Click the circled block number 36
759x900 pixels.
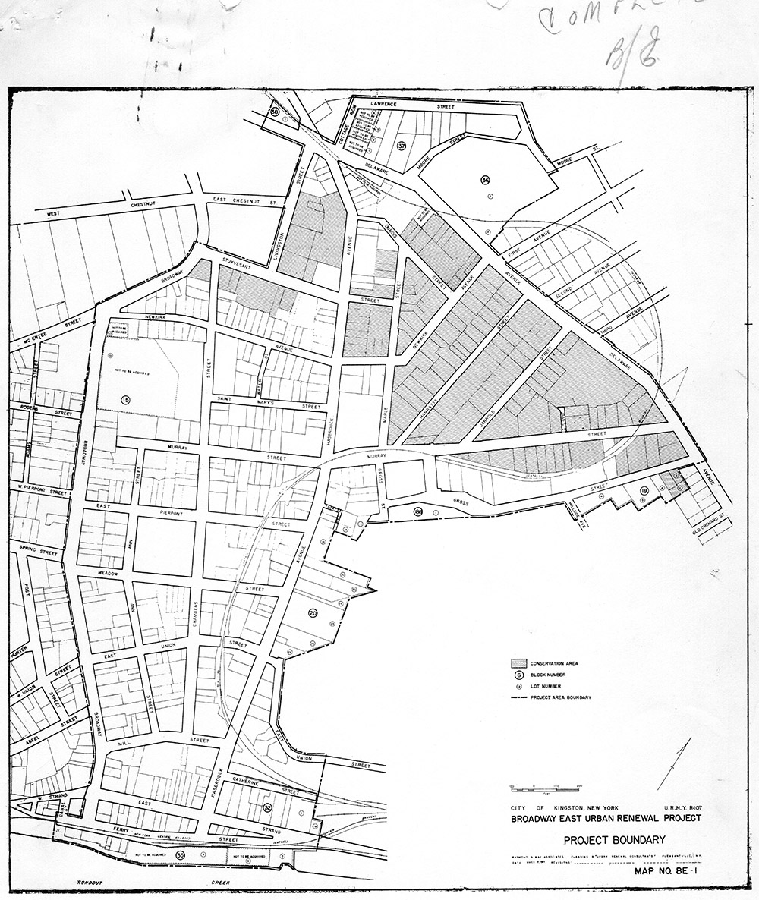(485, 179)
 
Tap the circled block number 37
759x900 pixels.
(402, 145)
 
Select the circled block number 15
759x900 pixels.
(125, 398)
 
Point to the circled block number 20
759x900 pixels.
(313, 612)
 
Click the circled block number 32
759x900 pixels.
(267, 807)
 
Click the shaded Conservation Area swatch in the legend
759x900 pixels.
(519, 662)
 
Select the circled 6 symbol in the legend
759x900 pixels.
(519, 674)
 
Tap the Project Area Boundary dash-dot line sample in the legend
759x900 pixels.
(519, 697)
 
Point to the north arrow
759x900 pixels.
(673, 763)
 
